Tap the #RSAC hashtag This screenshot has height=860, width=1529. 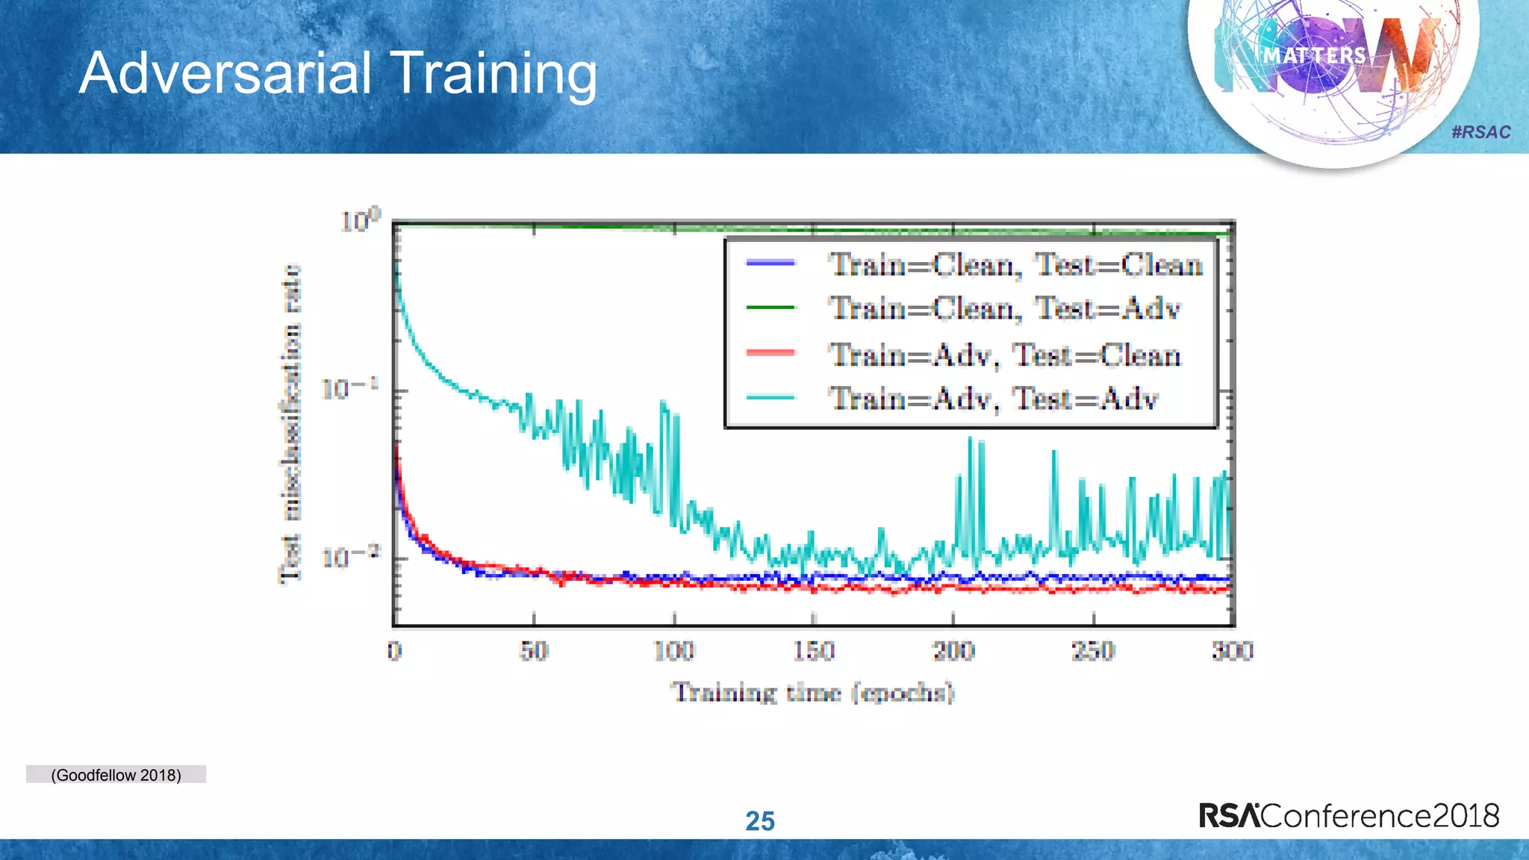[x=1480, y=132]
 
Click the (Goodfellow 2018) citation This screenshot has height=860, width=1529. [x=116, y=775]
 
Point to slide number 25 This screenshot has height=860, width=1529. [x=760, y=821]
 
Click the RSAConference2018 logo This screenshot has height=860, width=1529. [x=1348, y=815]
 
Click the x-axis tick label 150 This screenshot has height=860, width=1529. [x=813, y=651]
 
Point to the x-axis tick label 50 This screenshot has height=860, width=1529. [x=534, y=651]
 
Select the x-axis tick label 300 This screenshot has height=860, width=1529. [x=1232, y=651]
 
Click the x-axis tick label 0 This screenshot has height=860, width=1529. [x=394, y=651]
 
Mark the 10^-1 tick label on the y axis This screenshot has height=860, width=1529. [x=349, y=389]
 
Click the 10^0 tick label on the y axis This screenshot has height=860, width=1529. [x=360, y=220]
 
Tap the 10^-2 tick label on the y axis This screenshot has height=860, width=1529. [x=349, y=557]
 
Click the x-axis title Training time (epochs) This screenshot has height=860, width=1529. [x=812, y=693]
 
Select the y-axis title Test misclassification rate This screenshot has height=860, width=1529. [x=290, y=423]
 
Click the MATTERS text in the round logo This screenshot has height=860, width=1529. [x=1314, y=56]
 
